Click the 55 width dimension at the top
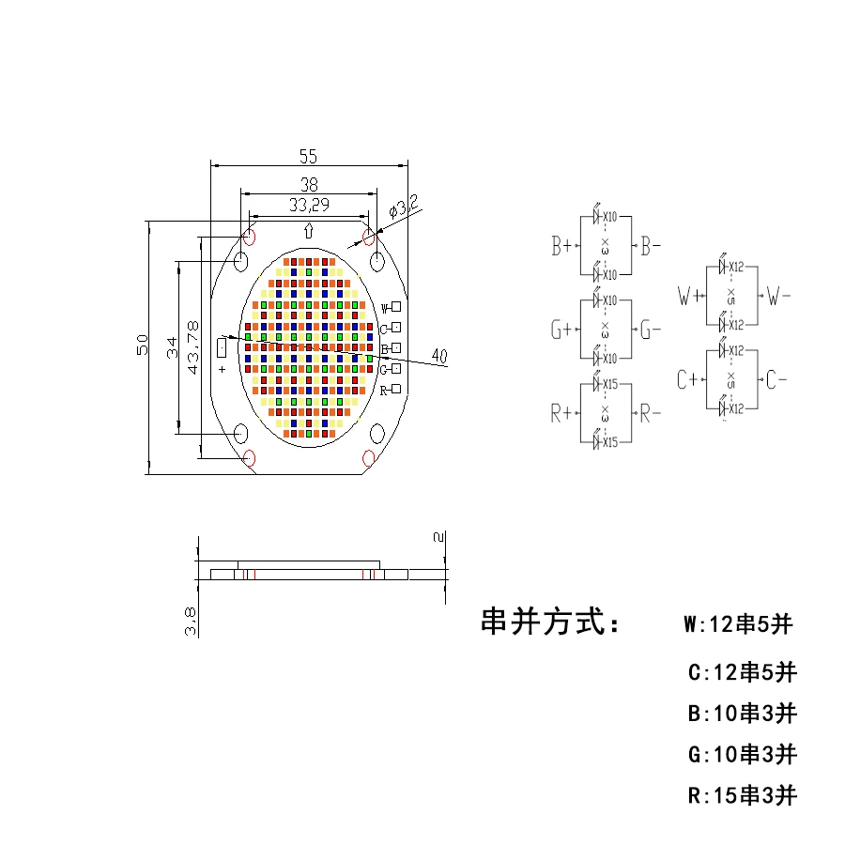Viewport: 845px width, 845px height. point(308,156)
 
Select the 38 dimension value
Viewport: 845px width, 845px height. point(308,185)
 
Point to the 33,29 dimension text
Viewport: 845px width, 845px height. point(308,205)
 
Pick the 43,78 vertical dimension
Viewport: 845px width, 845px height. point(193,347)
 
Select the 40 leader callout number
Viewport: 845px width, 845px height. point(438,355)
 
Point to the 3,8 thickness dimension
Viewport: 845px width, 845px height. point(191,621)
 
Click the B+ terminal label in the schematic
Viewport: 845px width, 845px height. point(562,247)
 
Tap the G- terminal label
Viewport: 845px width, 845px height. point(652,330)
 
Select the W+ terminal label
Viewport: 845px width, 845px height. point(689,298)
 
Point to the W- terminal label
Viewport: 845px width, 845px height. point(779,298)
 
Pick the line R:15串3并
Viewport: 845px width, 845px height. point(742,796)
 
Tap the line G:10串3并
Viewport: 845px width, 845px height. point(742,754)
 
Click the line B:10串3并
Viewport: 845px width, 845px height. point(742,714)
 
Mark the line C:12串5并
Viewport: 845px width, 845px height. point(742,672)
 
